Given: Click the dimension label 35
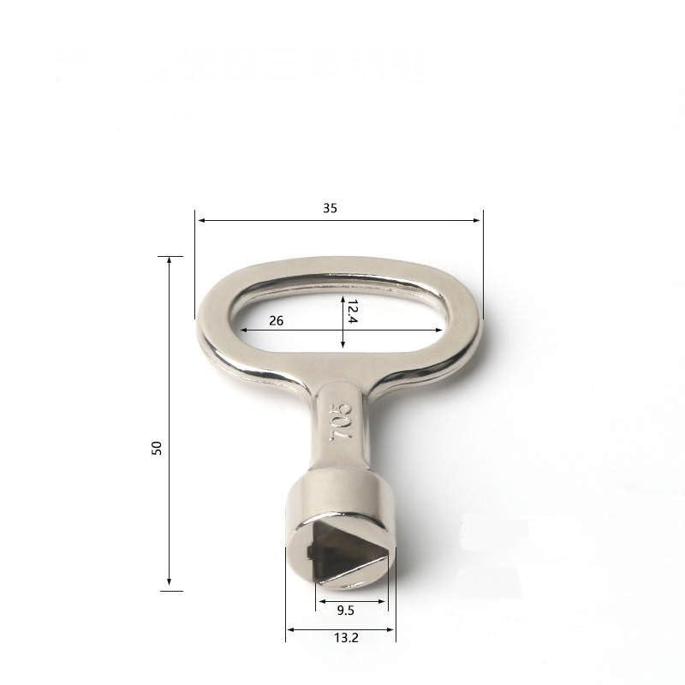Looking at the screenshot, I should [330, 208].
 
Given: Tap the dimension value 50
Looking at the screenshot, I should [157, 447].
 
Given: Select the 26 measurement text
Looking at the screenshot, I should [276, 321].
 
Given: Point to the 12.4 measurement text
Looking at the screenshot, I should [352, 311].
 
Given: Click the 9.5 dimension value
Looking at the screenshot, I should [346, 611].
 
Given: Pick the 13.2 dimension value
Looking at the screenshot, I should [346, 638].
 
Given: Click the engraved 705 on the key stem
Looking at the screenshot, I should [341, 422].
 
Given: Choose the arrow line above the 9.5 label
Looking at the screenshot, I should [352, 601].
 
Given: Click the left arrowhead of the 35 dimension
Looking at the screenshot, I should [200, 220].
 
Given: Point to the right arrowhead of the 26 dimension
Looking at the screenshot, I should [439, 330].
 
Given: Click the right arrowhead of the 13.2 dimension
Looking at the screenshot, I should [391, 629].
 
